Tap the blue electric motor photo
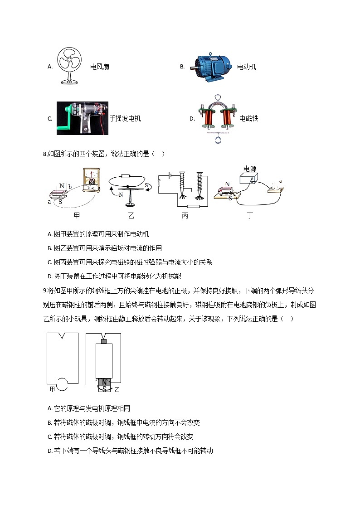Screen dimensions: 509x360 click(210, 68)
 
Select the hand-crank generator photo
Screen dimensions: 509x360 click(82, 118)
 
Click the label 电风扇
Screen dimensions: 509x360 click(100, 67)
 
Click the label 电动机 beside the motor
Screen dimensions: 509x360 click(247, 67)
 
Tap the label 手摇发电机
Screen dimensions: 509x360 click(125, 119)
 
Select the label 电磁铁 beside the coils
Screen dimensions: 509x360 click(248, 119)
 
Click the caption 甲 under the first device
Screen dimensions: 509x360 click(77, 216)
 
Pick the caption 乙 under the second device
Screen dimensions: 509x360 click(131, 216)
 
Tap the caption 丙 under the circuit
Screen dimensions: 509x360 click(185, 216)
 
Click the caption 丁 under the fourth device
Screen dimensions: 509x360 click(250, 216)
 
